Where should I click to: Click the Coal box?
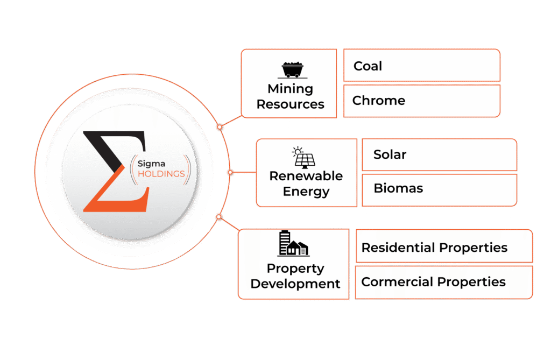click(422, 66)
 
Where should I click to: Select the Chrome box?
click(422, 101)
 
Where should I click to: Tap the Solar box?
click(439, 155)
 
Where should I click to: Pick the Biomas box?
click(439, 189)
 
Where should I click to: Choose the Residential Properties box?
click(444, 248)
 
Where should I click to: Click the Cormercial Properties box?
click(444, 282)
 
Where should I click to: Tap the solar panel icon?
click(305, 157)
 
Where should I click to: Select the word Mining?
click(291, 89)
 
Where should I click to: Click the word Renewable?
click(306, 176)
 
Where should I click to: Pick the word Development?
click(295, 284)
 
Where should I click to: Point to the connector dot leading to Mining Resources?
click(220, 128)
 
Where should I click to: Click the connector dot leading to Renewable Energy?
click(230, 173)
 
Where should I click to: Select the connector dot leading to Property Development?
click(218, 217)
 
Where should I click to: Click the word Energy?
click(306, 192)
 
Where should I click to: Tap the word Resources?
click(291, 104)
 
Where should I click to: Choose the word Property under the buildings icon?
click(295, 269)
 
